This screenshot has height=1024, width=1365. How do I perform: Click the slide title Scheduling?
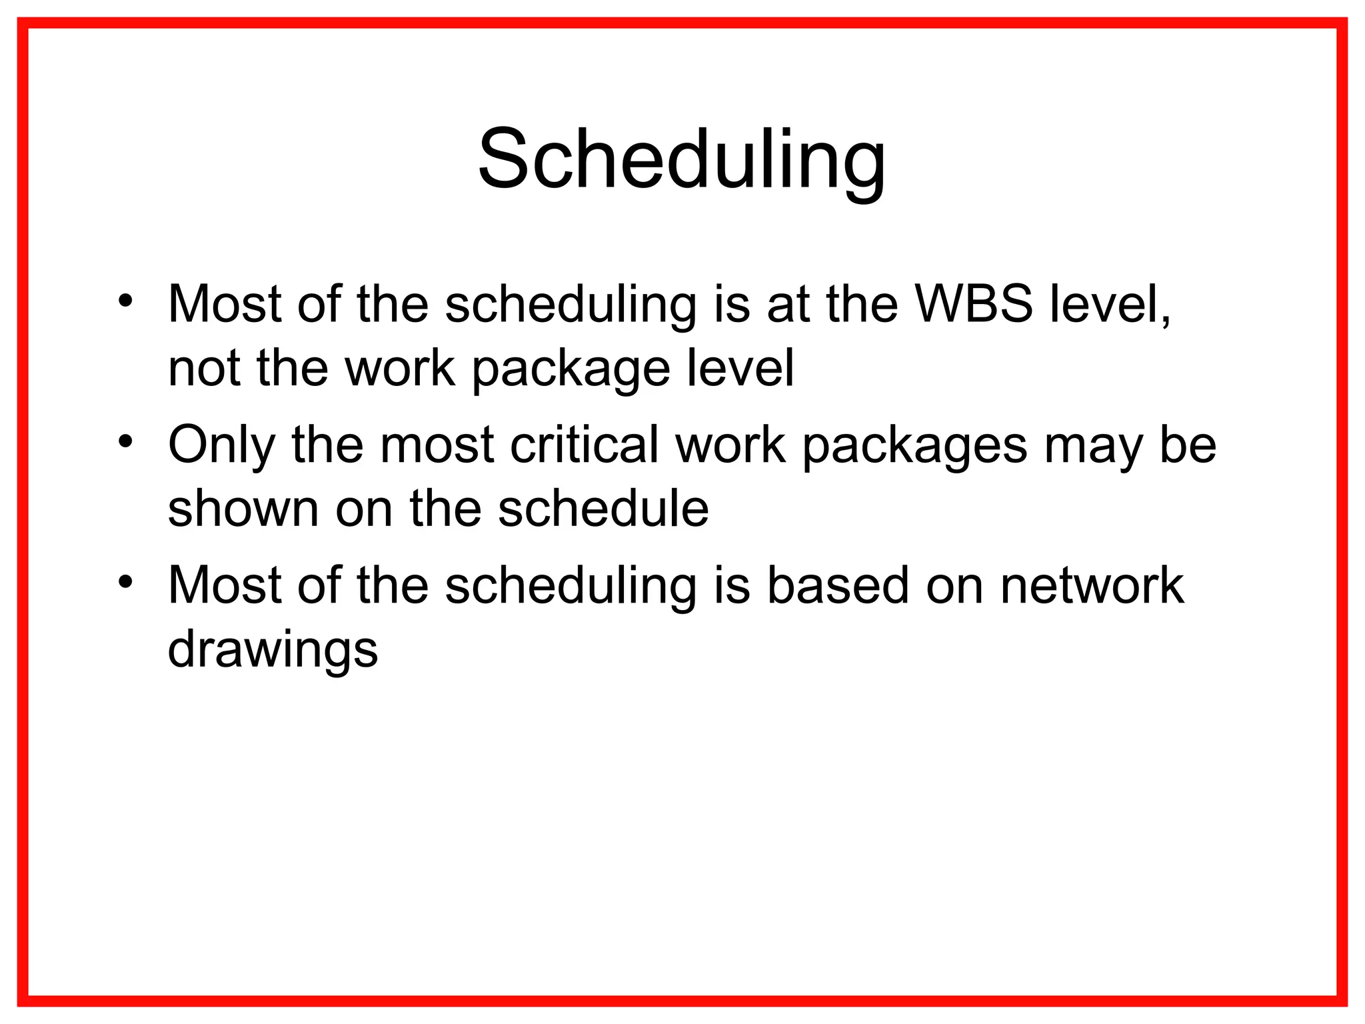681,160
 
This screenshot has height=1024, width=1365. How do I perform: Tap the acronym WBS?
974,304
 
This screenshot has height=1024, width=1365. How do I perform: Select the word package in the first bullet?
571,368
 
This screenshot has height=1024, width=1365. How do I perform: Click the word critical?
584,445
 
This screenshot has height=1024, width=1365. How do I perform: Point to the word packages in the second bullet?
914,445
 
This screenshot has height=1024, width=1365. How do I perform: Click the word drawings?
273,649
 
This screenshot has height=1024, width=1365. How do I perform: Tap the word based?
838,585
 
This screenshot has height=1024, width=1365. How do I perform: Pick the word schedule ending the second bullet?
603,509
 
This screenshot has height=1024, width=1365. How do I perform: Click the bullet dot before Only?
125,441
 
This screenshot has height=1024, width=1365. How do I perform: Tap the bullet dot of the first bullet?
125,301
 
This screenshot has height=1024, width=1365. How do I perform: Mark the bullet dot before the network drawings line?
125,582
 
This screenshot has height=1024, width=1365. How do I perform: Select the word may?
1093,445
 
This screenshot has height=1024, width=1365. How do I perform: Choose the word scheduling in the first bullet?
570,304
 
